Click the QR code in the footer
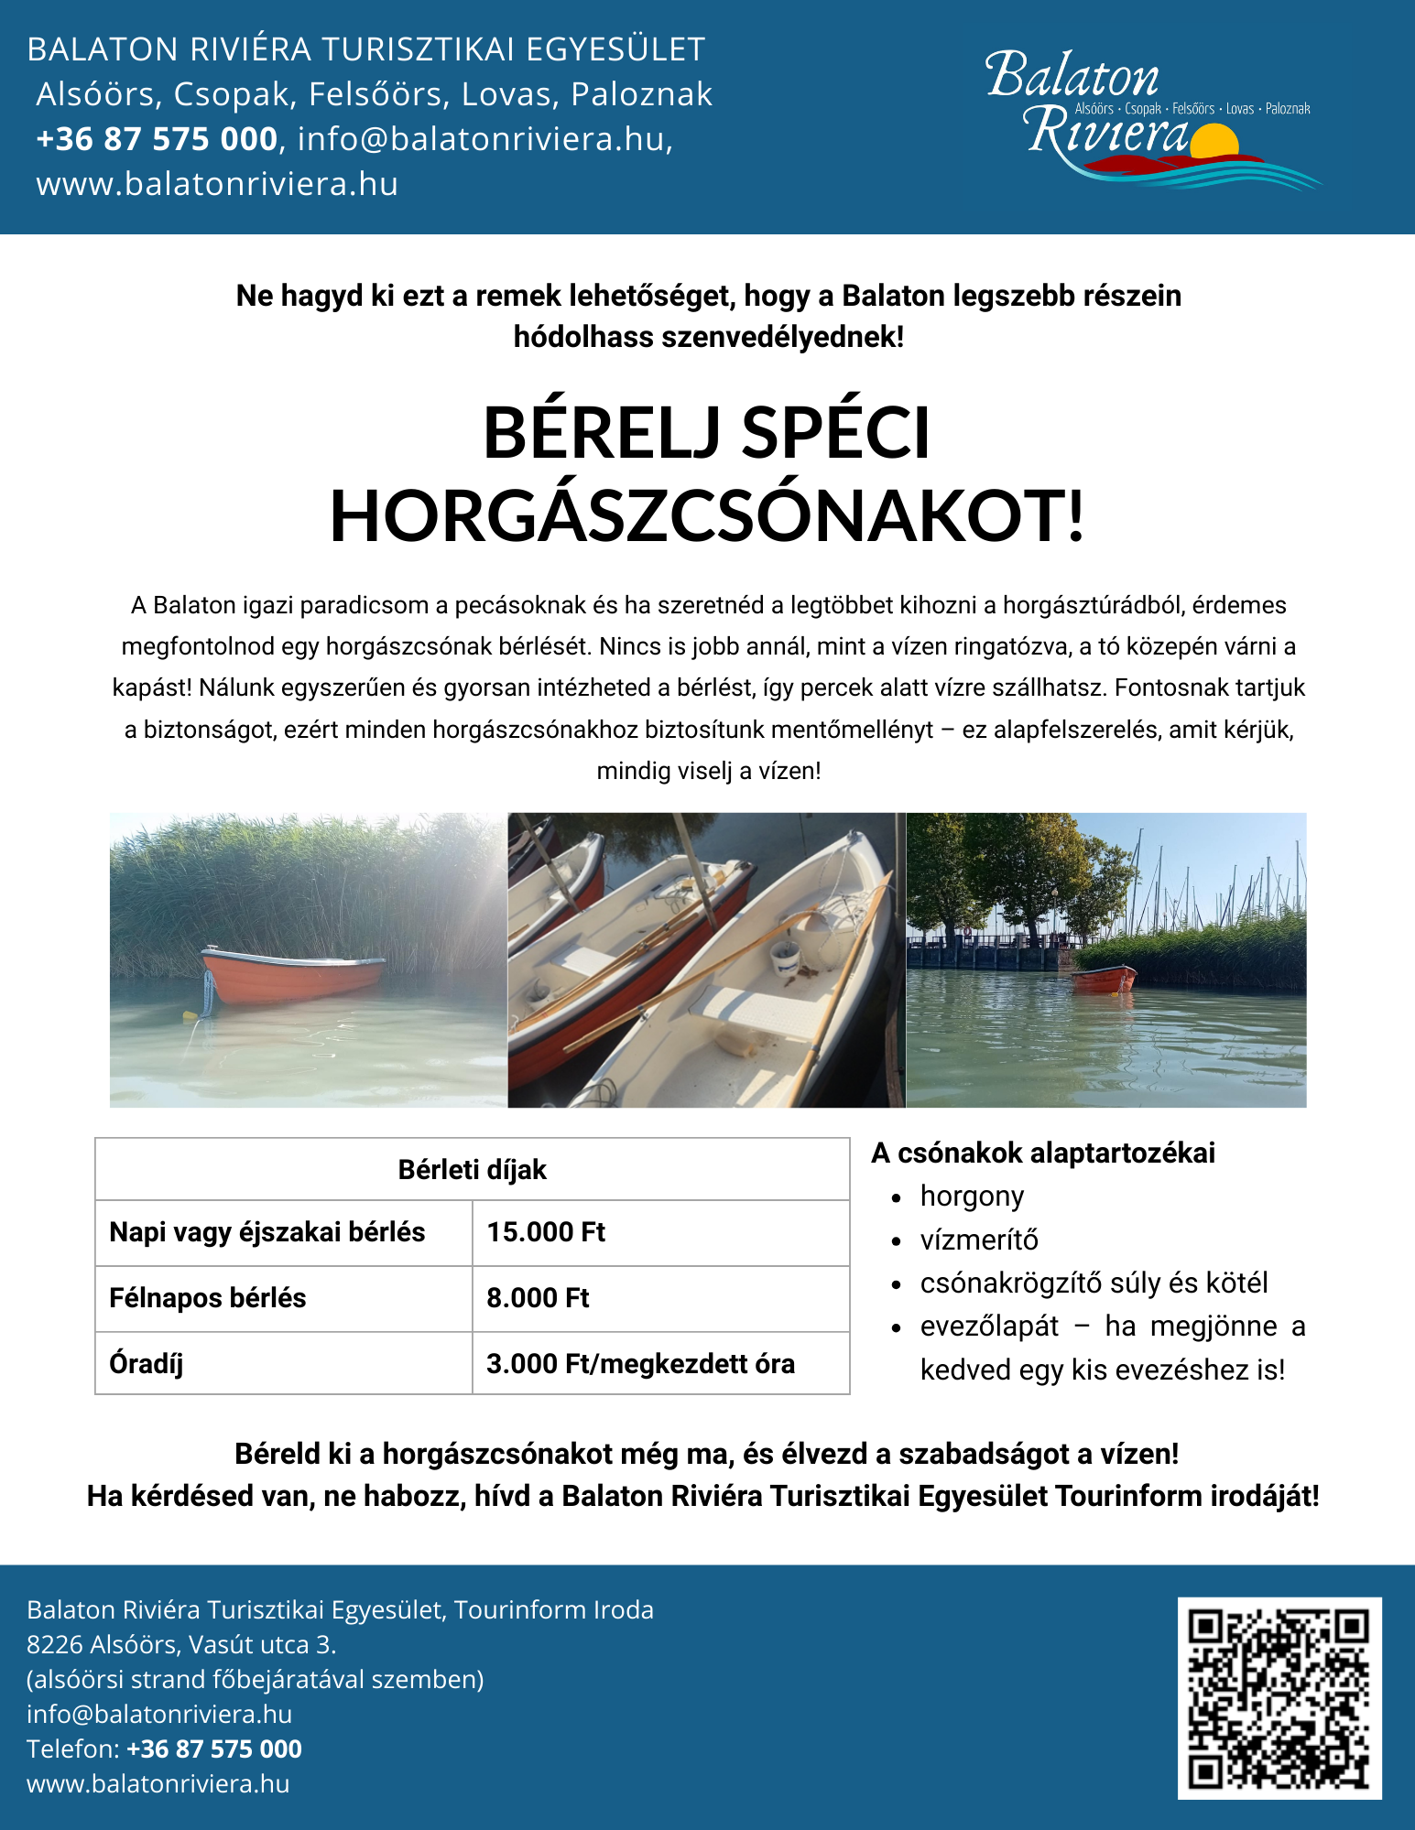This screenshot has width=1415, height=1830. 1279,1698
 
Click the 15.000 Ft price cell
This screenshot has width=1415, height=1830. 546,1232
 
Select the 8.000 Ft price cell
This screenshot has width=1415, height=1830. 538,1298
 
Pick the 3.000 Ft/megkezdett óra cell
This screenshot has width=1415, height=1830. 640,1364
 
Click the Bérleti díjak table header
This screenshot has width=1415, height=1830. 472,1170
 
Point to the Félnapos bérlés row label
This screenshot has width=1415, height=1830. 208,1298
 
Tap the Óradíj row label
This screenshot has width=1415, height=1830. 147,1364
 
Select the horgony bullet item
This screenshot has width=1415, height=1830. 972,1197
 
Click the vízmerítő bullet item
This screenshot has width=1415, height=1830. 979,1240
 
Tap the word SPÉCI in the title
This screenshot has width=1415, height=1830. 835,433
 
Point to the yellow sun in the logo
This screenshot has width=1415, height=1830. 1214,142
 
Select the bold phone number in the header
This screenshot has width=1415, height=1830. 157,139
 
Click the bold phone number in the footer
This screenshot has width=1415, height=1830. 214,1749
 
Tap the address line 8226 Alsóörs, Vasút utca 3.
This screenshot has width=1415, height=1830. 181,1644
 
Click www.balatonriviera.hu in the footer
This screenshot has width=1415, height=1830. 158,1783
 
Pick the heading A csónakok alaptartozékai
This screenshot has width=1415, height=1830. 1043,1153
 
